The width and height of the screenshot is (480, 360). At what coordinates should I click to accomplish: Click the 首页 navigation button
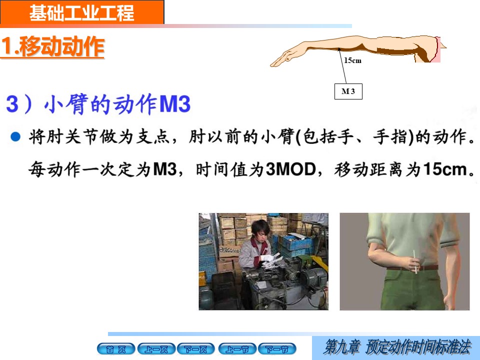point(116,349)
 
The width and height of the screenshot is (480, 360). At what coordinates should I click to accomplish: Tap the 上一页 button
point(156,349)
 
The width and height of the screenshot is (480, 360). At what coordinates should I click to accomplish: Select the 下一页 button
point(196,349)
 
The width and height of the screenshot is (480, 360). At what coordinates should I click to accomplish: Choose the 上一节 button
point(237,349)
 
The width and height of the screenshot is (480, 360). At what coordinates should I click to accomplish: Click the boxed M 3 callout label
point(348,91)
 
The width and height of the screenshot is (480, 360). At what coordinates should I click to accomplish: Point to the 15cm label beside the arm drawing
point(352,60)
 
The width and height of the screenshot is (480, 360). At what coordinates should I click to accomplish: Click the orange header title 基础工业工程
point(81,12)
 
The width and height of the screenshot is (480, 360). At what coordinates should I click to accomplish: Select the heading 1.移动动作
point(53,46)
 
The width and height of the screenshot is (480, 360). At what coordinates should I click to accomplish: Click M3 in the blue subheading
point(175,104)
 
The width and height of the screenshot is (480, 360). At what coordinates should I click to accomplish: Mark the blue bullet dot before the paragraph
point(15,136)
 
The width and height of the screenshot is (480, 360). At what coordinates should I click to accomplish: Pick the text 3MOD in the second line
point(291,169)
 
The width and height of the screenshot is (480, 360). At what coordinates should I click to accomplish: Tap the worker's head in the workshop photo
point(260,230)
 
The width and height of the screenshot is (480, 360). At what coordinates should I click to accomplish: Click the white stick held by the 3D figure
point(415,261)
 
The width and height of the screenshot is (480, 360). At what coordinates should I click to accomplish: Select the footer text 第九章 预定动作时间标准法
point(397,347)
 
